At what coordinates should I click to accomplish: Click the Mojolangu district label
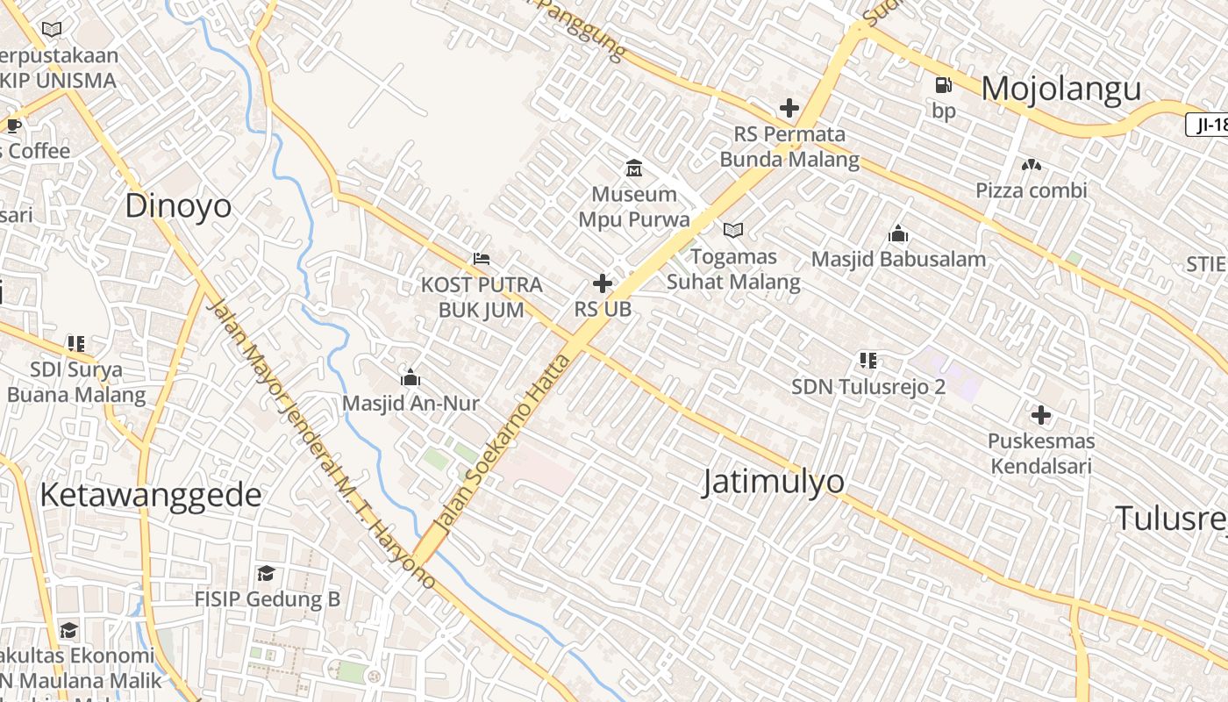click(1061, 89)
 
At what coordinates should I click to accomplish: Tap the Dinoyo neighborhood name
click(178, 205)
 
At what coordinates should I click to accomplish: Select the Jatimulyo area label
click(774, 481)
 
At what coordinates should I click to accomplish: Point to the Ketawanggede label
click(150, 495)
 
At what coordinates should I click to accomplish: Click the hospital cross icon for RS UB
click(603, 283)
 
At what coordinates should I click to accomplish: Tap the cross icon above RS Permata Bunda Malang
click(789, 108)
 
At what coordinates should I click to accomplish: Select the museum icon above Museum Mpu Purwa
click(633, 168)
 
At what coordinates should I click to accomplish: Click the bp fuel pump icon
click(944, 85)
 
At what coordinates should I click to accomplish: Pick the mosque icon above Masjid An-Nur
click(410, 378)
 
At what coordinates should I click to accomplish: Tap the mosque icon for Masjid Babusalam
click(898, 233)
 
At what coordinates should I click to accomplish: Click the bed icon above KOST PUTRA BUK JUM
click(481, 259)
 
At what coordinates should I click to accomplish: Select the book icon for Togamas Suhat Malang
click(733, 231)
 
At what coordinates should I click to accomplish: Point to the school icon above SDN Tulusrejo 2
click(868, 360)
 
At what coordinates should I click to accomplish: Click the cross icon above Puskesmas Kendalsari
click(1041, 414)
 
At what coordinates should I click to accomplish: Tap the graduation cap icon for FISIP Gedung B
click(266, 573)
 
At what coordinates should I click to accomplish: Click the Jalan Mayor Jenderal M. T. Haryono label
click(320, 443)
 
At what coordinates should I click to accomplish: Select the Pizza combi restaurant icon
click(1032, 165)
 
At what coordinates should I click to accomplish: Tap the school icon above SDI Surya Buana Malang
click(76, 343)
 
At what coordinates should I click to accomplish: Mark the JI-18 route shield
click(1210, 125)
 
